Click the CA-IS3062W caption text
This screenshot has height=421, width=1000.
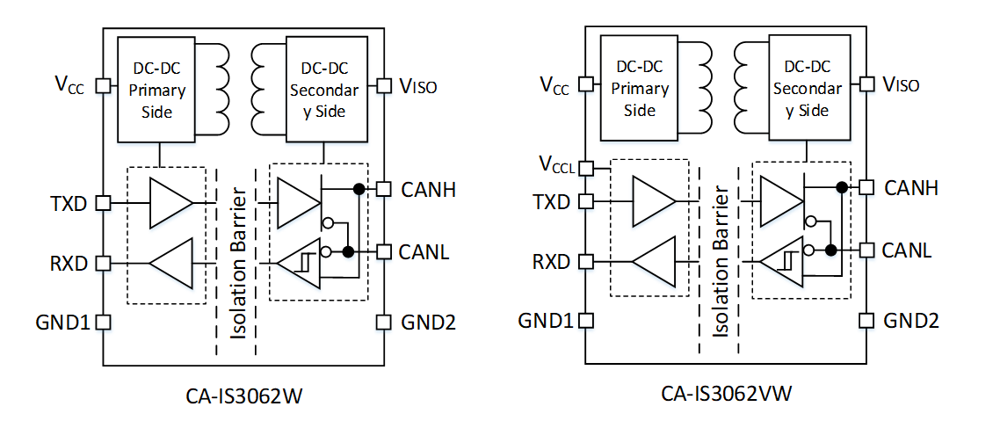click(244, 396)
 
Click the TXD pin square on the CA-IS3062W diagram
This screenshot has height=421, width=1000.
click(103, 202)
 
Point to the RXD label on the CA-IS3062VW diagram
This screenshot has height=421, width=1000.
click(551, 262)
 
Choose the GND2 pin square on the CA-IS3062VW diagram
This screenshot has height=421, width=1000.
click(866, 320)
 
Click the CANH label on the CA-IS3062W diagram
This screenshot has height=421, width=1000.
click(429, 189)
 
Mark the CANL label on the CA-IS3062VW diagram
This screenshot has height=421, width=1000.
click(908, 250)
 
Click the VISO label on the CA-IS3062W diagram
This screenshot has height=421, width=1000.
click(418, 86)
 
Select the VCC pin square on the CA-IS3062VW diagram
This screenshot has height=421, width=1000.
click(586, 87)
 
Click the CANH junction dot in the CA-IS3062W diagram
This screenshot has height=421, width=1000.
click(358, 188)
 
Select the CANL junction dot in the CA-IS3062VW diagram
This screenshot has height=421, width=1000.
click(830, 250)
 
